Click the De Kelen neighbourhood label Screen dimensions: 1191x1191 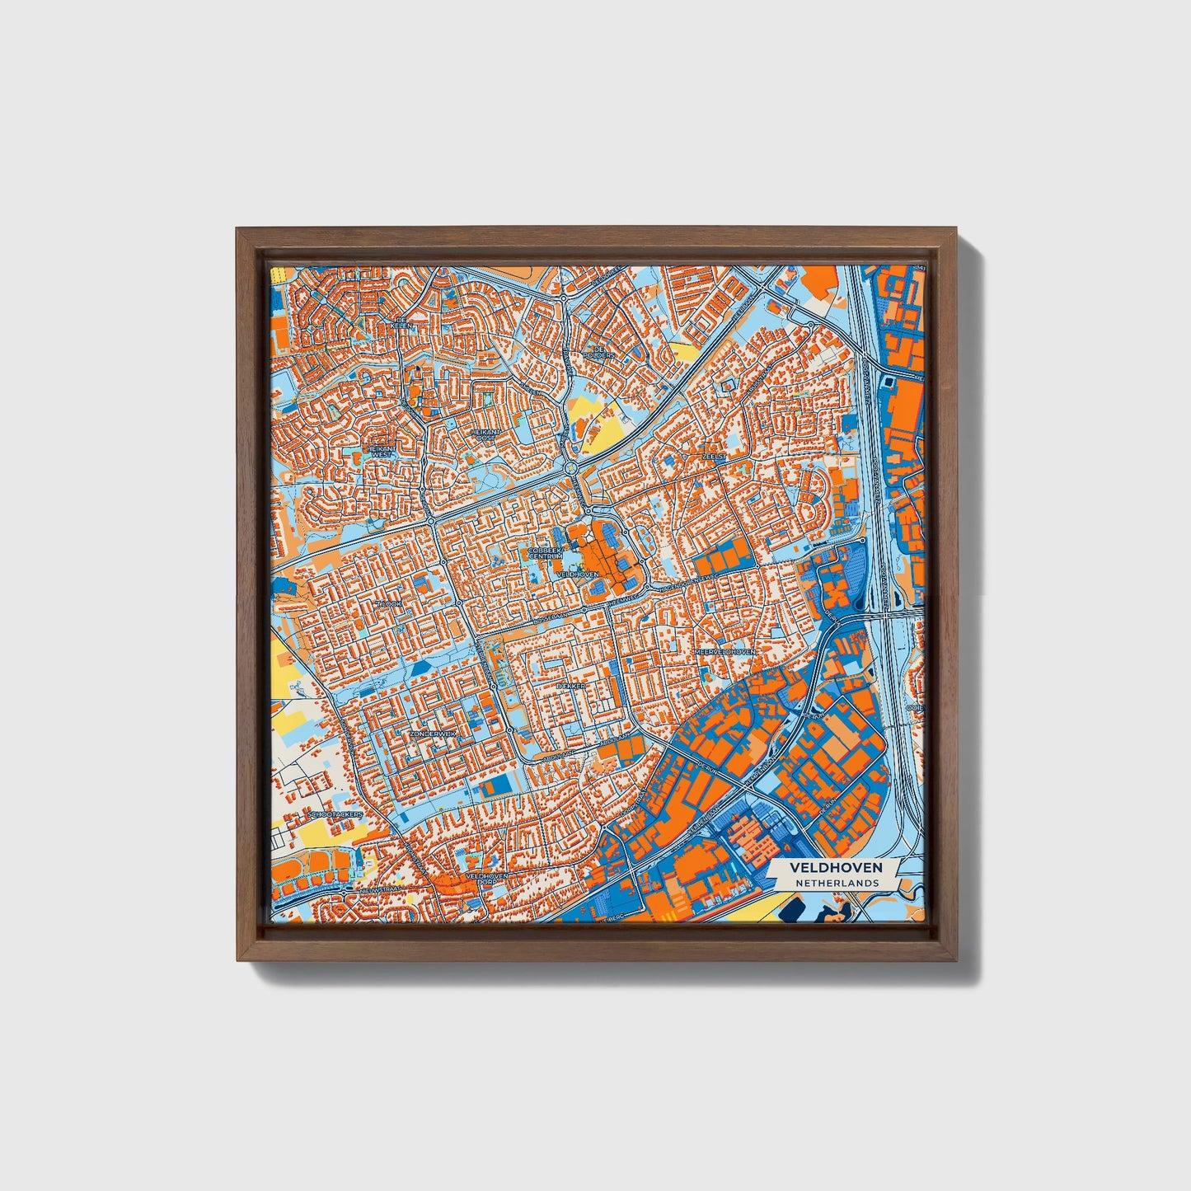402,322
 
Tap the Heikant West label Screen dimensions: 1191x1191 382,450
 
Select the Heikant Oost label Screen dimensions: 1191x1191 485,434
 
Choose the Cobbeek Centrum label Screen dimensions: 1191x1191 545,552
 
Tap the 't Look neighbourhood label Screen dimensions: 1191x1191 388,604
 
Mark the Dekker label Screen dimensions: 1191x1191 570,686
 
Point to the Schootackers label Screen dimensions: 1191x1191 335,814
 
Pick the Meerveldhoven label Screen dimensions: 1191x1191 724,651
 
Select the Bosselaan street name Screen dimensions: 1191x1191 552,615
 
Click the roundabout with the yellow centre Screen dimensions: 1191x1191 572,468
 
